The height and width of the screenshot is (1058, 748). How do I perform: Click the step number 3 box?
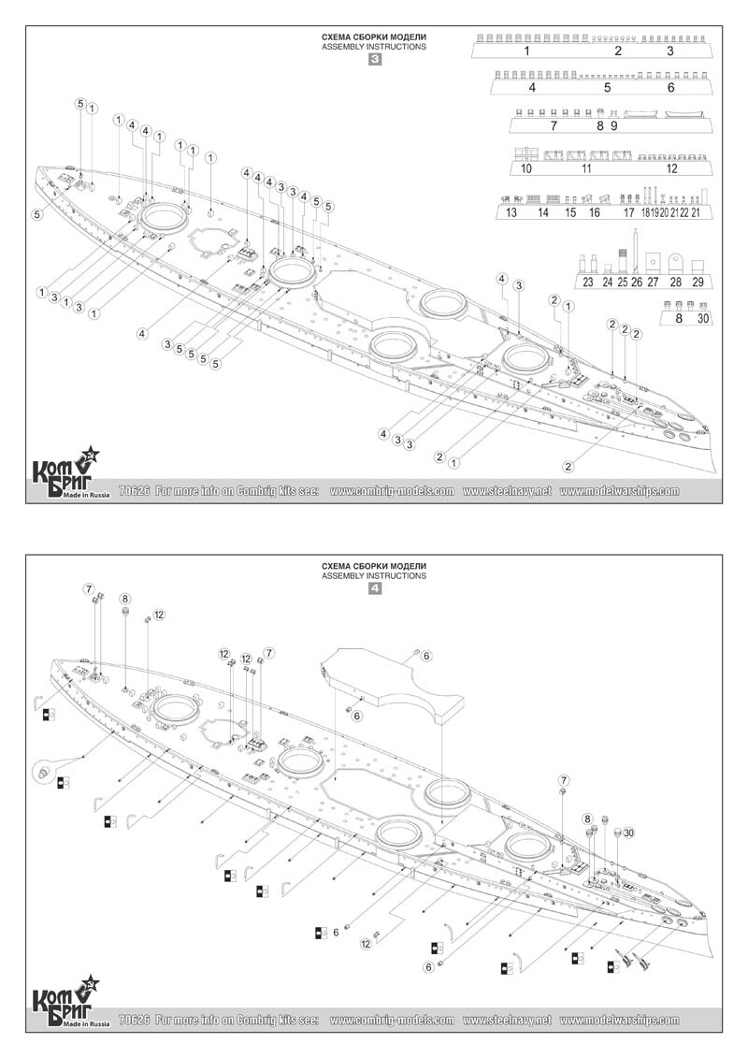(375, 60)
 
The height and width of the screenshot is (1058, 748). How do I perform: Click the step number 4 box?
(375, 589)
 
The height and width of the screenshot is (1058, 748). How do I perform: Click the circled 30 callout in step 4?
(628, 833)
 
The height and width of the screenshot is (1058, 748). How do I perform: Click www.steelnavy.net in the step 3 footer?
(508, 491)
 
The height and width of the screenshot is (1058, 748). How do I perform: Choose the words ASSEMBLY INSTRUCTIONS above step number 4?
(374, 576)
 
